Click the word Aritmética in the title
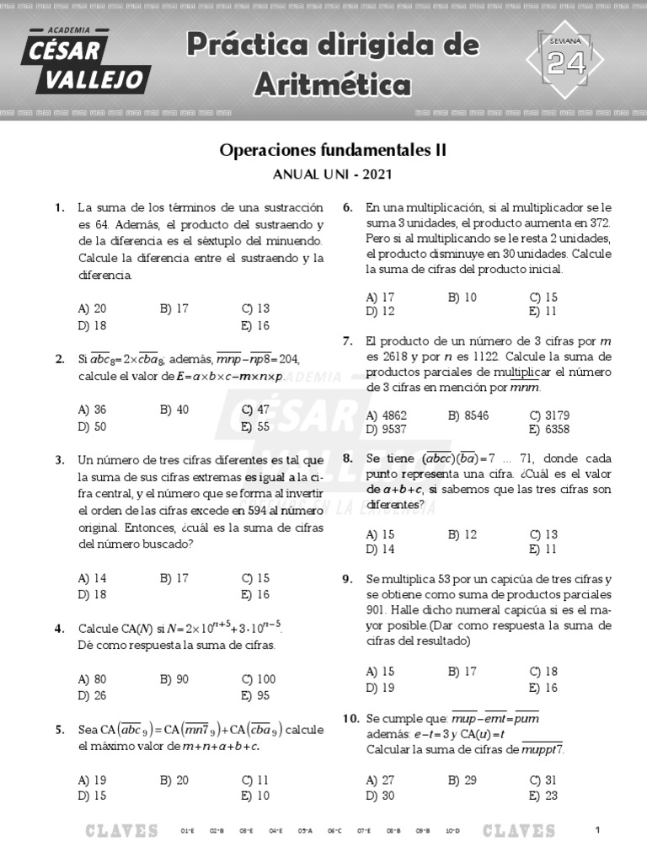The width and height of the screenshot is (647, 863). click(x=334, y=84)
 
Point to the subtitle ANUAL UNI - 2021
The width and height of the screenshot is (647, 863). click(x=332, y=175)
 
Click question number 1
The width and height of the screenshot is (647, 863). click(x=59, y=207)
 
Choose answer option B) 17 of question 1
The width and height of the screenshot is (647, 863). click(x=174, y=309)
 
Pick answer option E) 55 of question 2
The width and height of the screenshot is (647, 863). click(x=254, y=426)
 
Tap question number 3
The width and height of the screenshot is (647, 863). click(x=59, y=460)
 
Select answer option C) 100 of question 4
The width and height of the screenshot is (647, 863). click(x=258, y=678)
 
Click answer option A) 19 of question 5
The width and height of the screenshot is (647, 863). click(x=92, y=780)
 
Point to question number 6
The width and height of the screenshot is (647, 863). click(x=347, y=207)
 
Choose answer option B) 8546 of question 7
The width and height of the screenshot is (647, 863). click(x=468, y=415)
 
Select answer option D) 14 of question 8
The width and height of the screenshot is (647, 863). click(x=381, y=549)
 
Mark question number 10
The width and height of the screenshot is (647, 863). click(x=350, y=718)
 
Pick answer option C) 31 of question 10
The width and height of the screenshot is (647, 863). click(x=543, y=780)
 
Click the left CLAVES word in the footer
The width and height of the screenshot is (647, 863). click(x=122, y=831)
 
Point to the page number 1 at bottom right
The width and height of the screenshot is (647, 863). click(x=596, y=830)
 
